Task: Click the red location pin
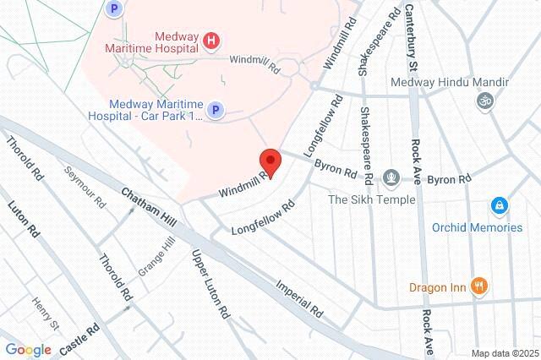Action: tap(270, 161)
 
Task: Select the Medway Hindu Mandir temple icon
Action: tap(484, 101)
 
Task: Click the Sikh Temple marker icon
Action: tap(391, 179)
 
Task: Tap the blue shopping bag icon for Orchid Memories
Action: tap(500, 206)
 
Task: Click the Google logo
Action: tap(28, 350)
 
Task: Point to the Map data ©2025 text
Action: tap(505, 353)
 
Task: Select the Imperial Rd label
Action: tap(300, 297)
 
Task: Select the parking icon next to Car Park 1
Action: tap(216, 110)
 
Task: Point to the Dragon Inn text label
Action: tap(439, 287)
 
